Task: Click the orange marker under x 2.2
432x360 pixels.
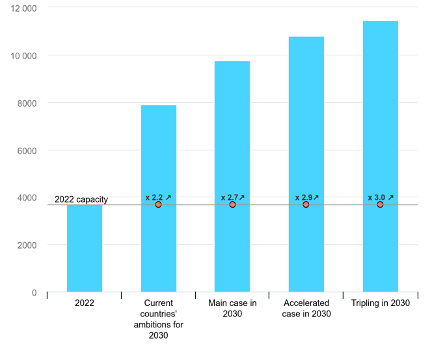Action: click(x=158, y=204)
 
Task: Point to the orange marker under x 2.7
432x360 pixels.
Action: click(x=232, y=204)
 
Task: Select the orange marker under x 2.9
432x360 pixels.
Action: click(x=306, y=204)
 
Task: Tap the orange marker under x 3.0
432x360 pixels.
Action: click(x=380, y=204)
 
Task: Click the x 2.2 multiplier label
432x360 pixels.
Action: click(x=158, y=197)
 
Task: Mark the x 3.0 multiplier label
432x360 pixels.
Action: click(x=381, y=197)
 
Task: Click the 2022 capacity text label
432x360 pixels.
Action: click(x=81, y=199)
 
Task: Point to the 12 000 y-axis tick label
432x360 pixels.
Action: click(x=23, y=8)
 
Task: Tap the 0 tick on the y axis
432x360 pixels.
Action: click(x=34, y=293)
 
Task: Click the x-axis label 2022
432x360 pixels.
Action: click(x=85, y=303)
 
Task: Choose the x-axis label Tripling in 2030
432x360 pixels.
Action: click(x=381, y=303)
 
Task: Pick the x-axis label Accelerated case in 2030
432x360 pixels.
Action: click(x=306, y=309)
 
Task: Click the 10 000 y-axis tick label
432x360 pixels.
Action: click(x=23, y=55)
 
